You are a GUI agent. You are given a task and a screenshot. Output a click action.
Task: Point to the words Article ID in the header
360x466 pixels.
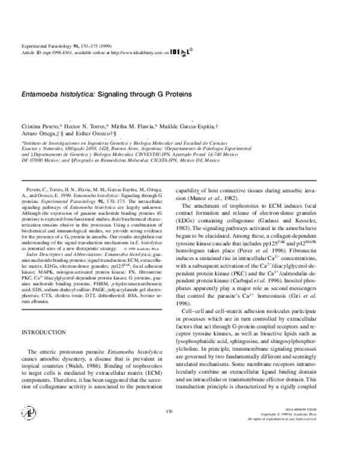29,52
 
